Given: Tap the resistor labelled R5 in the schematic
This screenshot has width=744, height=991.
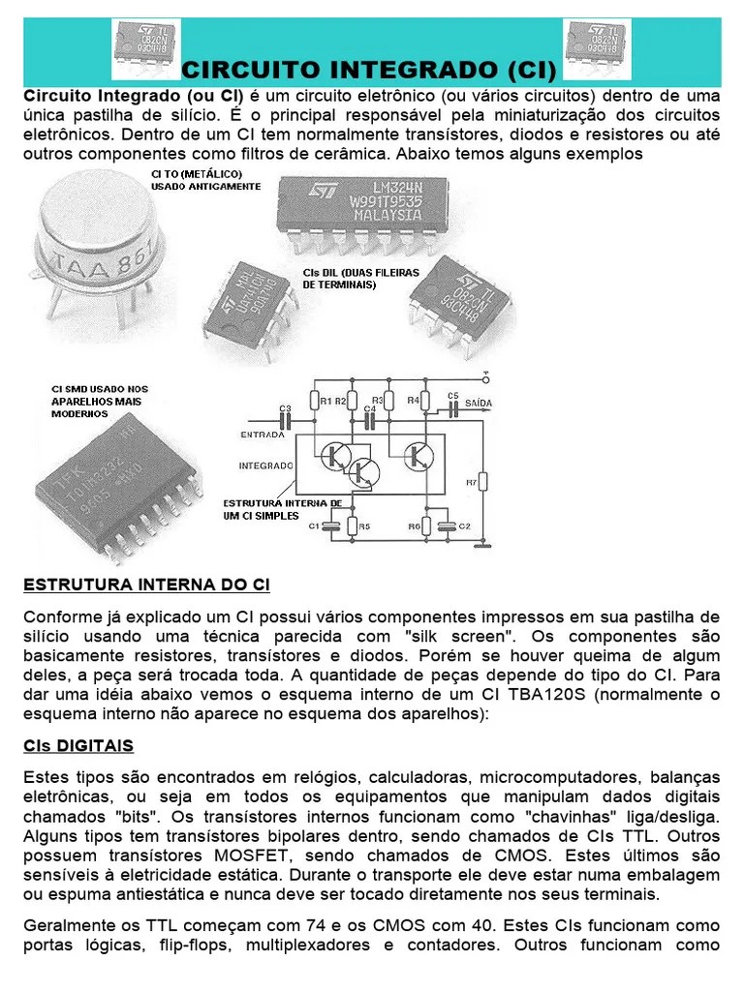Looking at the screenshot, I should (x=353, y=526).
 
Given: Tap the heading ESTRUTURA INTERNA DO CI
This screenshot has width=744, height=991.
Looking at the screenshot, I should (x=146, y=586).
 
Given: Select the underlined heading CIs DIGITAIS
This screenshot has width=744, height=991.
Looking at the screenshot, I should (x=78, y=745).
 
